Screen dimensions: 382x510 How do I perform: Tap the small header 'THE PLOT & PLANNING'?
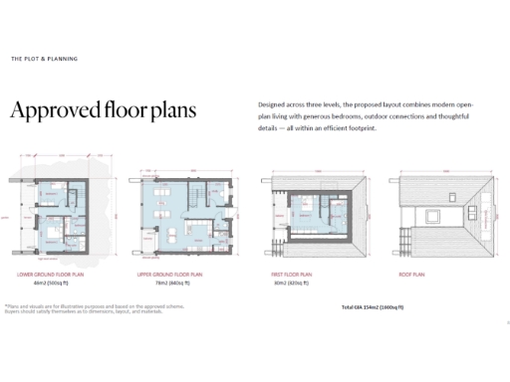(x=44, y=59)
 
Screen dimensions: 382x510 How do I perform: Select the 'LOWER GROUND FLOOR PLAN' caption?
(x=48, y=273)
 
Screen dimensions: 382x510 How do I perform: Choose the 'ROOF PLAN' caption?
(x=412, y=273)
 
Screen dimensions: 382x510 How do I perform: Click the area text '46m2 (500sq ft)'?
(x=48, y=282)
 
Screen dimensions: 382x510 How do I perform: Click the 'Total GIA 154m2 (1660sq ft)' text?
(x=372, y=307)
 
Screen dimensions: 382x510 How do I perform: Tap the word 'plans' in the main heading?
(x=172, y=110)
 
